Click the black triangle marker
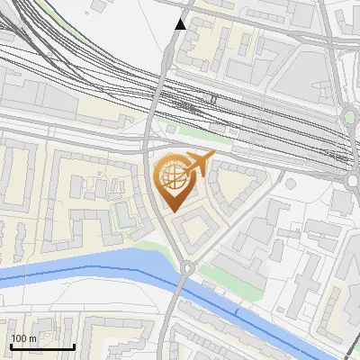(181, 24)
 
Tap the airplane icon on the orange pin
(194, 164)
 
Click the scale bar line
(41, 346)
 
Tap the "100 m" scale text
(24, 338)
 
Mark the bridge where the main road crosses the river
(181, 286)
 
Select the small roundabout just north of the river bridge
(186, 267)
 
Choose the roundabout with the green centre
(349, 117)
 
